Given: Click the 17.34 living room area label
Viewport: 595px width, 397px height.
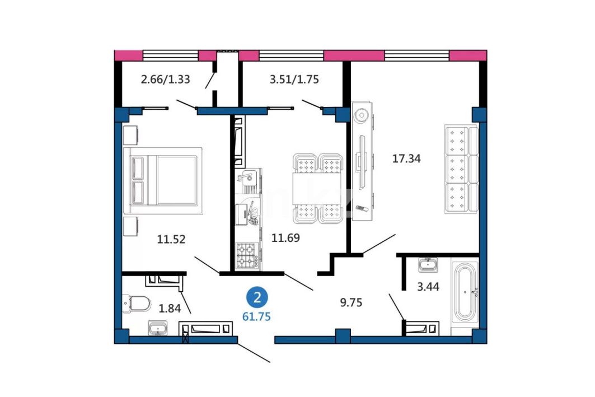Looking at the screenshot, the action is coord(406,158).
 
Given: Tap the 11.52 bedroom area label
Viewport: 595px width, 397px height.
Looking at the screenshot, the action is coord(171,239).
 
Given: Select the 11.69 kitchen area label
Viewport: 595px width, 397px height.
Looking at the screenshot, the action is coord(285,237).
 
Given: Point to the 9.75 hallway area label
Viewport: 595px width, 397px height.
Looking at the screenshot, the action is coord(351,302).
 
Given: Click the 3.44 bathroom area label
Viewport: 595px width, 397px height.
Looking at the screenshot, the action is coord(428,287).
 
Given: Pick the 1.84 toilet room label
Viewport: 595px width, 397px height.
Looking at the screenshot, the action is coord(170,308).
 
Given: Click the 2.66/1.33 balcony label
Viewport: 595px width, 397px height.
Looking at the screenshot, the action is coord(166,80).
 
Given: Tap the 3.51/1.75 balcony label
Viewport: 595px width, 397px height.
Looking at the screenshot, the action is coord(294,80).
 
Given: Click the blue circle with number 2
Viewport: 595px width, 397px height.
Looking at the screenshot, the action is coord(257,297).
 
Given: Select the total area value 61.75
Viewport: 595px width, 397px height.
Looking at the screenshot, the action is coord(256,316).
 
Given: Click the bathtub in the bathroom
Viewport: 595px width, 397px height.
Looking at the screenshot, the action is coord(465,292).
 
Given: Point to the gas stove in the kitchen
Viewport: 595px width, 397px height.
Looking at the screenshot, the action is coord(247,255).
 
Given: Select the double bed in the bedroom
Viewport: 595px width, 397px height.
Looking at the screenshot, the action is coord(163,181).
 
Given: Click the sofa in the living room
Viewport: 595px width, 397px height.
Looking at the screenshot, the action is coord(461,169).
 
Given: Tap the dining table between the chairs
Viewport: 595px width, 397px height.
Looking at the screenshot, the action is coord(317,188).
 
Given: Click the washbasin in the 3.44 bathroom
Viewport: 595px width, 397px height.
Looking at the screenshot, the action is coord(428,264).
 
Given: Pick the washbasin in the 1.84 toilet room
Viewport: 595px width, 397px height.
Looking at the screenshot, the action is coord(157,328).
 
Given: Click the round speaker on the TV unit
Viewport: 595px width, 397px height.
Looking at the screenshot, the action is coord(362,115).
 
